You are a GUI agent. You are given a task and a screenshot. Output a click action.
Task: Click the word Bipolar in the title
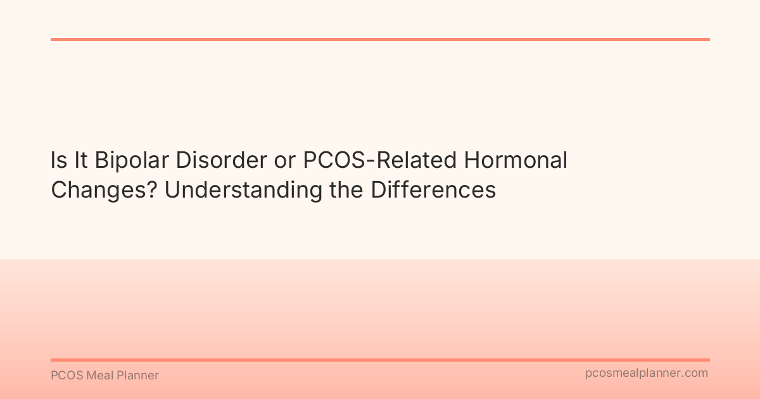pos(131,161)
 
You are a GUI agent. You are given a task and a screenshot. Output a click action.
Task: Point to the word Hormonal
pos(516,161)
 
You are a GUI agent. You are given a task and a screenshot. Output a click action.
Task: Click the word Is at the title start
pos(58,161)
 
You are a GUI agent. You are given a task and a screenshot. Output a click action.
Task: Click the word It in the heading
pos(80,161)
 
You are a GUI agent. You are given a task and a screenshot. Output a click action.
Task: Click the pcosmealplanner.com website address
pos(647,373)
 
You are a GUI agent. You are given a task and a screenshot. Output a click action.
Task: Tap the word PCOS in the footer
pos(65,376)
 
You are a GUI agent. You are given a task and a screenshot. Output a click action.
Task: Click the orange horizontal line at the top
pos(380,39)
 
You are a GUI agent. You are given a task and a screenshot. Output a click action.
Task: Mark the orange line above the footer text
pos(380,360)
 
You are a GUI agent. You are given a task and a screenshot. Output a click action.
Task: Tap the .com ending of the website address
pos(695,373)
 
